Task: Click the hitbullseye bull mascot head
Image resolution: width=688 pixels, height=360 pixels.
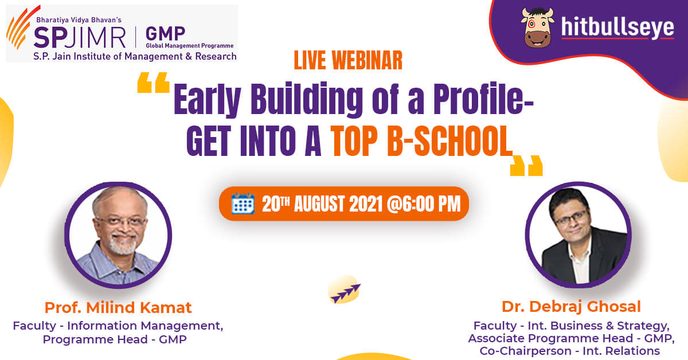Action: [538, 28]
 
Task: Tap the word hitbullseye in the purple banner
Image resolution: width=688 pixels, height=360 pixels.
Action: [617, 28]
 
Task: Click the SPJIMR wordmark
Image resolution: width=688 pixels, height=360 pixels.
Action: [80, 37]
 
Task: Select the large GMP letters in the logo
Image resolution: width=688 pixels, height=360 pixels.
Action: [165, 33]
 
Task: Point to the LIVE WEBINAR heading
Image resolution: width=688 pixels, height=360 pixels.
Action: [348, 61]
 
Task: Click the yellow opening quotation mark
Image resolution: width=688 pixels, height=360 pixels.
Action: [153, 83]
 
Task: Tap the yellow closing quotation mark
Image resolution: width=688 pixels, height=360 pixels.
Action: [526, 166]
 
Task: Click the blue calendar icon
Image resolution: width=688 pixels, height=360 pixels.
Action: [243, 204]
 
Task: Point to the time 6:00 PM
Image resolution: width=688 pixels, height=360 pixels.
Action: [432, 204]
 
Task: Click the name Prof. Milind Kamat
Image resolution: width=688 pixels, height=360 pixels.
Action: [118, 308]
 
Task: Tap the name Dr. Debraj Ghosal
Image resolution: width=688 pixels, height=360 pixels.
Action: [571, 307]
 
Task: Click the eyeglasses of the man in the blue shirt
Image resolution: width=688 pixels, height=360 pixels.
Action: [122, 221]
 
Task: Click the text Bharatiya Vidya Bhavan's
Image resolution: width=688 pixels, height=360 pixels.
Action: [79, 20]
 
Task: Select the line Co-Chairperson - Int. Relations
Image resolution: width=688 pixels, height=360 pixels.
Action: [570, 351]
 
